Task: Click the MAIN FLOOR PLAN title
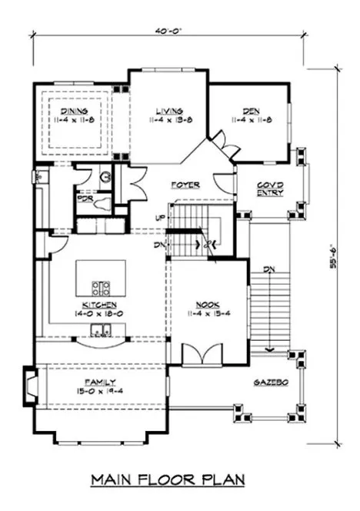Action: (178, 481)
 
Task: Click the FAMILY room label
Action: (101, 382)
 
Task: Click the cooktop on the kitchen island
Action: (101, 289)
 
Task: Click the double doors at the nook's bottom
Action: (202, 355)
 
